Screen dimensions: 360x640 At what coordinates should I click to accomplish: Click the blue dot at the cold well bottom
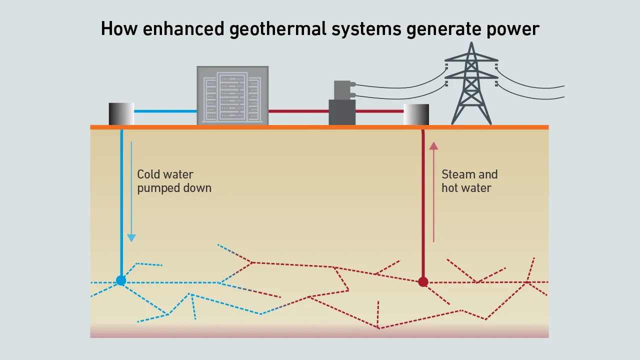click(x=121, y=280)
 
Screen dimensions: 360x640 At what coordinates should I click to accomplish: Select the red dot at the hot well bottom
click(x=423, y=282)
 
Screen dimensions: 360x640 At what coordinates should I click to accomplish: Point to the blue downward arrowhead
click(x=131, y=237)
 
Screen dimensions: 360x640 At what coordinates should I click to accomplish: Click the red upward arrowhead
click(x=433, y=145)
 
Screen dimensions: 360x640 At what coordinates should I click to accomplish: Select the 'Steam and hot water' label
click(x=469, y=181)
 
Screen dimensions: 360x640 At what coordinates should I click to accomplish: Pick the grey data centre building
click(x=232, y=95)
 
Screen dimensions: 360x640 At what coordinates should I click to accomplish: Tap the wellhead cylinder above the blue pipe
click(x=121, y=113)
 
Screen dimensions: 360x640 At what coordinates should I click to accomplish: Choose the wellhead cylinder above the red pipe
click(x=416, y=114)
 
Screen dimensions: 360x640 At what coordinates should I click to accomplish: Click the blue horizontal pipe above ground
click(x=165, y=111)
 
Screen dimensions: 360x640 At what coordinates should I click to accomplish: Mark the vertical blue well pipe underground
click(x=121, y=200)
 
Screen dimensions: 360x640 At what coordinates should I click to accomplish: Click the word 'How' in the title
click(x=119, y=29)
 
